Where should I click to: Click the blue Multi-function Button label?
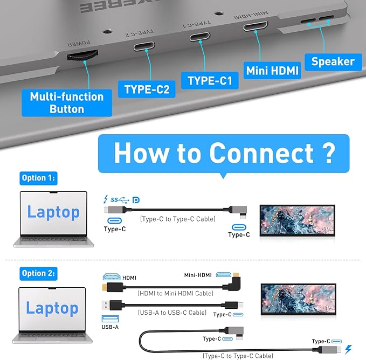click(66, 102)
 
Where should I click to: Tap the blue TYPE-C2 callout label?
click(147, 89)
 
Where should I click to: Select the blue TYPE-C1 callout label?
click(209, 81)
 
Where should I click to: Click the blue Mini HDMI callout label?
click(272, 70)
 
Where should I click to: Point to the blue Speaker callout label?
click(333, 61)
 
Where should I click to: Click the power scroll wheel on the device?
click(82, 55)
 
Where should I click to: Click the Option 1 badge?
click(38, 178)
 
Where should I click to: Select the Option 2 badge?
click(38, 273)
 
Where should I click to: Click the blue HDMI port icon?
click(112, 277)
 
